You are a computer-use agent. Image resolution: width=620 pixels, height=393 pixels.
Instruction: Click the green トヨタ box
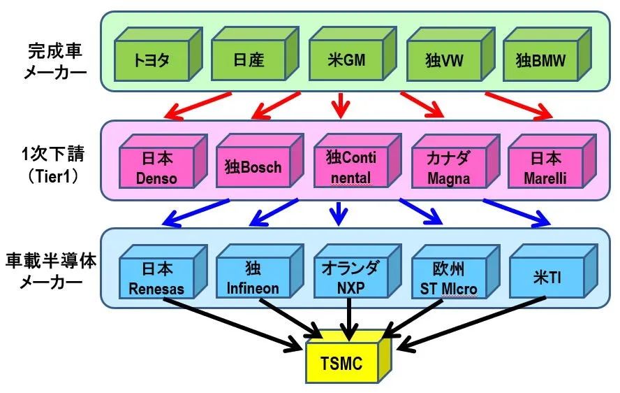(158, 55)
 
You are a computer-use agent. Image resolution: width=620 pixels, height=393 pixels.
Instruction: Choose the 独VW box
(451, 55)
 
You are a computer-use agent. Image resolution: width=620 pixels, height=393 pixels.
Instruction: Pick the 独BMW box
(547, 55)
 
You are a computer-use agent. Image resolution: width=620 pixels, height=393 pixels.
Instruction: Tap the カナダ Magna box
(455, 162)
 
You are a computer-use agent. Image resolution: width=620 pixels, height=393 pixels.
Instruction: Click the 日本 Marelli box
(552, 162)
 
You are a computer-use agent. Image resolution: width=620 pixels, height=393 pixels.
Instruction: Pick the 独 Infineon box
(260, 271)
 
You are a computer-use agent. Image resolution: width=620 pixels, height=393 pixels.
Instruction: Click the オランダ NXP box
(357, 271)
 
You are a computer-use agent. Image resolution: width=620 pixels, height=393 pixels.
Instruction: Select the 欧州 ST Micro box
(455, 271)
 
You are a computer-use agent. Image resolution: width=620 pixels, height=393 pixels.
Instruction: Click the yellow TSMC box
(348, 357)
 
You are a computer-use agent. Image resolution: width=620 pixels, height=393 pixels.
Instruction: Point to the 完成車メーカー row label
(55, 62)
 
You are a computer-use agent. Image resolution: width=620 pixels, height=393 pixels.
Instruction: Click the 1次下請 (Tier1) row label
(53, 165)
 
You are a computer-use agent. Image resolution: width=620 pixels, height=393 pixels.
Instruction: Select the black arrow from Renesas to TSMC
(233, 324)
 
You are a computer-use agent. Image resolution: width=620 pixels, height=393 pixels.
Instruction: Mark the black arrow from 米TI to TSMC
(471, 324)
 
